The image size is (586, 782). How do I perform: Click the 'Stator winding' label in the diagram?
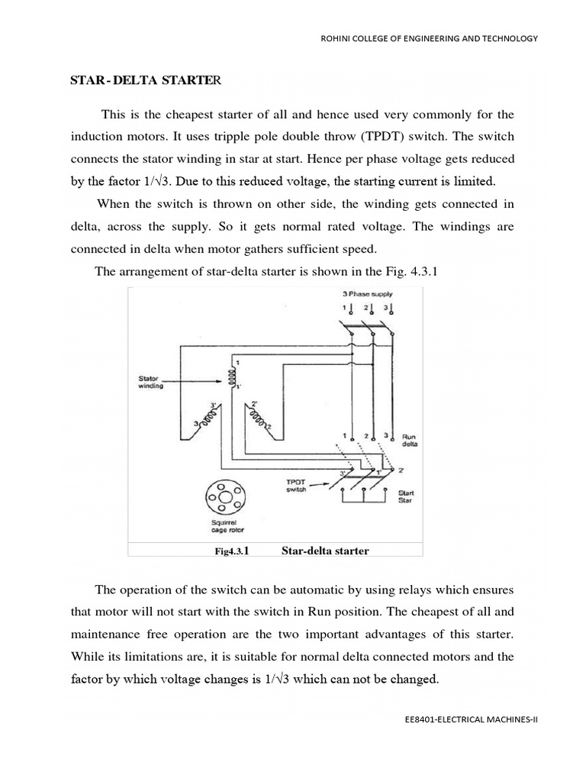point(150,382)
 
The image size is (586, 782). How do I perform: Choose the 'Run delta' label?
point(409,440)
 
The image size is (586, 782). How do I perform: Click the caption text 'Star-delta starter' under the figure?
point(314,551)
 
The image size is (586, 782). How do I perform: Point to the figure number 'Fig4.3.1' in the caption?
point(234,551)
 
